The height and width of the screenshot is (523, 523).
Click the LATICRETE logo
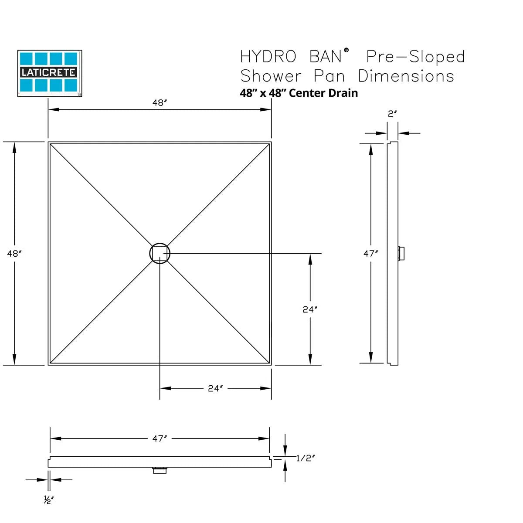point(49,73)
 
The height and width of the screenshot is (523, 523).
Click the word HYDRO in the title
point(268,57)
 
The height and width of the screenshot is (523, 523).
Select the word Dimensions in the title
point(406,76)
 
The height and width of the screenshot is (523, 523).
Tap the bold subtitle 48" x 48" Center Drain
point(299,93)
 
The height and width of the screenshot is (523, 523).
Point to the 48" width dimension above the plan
point(160,103)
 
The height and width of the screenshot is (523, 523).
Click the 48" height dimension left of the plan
point(14,253)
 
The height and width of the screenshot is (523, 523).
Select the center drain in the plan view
point(160,253)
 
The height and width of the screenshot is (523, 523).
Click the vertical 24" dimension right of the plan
point(309,309)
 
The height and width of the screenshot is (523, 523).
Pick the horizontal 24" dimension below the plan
point(215,388)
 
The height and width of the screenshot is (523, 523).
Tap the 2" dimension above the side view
point(392,114)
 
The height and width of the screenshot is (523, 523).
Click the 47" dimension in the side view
point(370,253)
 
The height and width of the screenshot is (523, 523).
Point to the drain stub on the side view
point(401,253)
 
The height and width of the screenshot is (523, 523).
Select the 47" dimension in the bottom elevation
point(160,439)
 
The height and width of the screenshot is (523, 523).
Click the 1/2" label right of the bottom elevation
point(305,458)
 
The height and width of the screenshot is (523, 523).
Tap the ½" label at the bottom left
point(48,500)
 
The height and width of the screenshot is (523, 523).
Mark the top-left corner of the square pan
point(48,142)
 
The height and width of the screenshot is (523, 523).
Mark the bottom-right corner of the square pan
point(271,365)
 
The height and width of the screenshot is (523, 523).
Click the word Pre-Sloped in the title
point(415,57)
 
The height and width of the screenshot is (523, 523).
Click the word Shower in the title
point(271,76)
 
